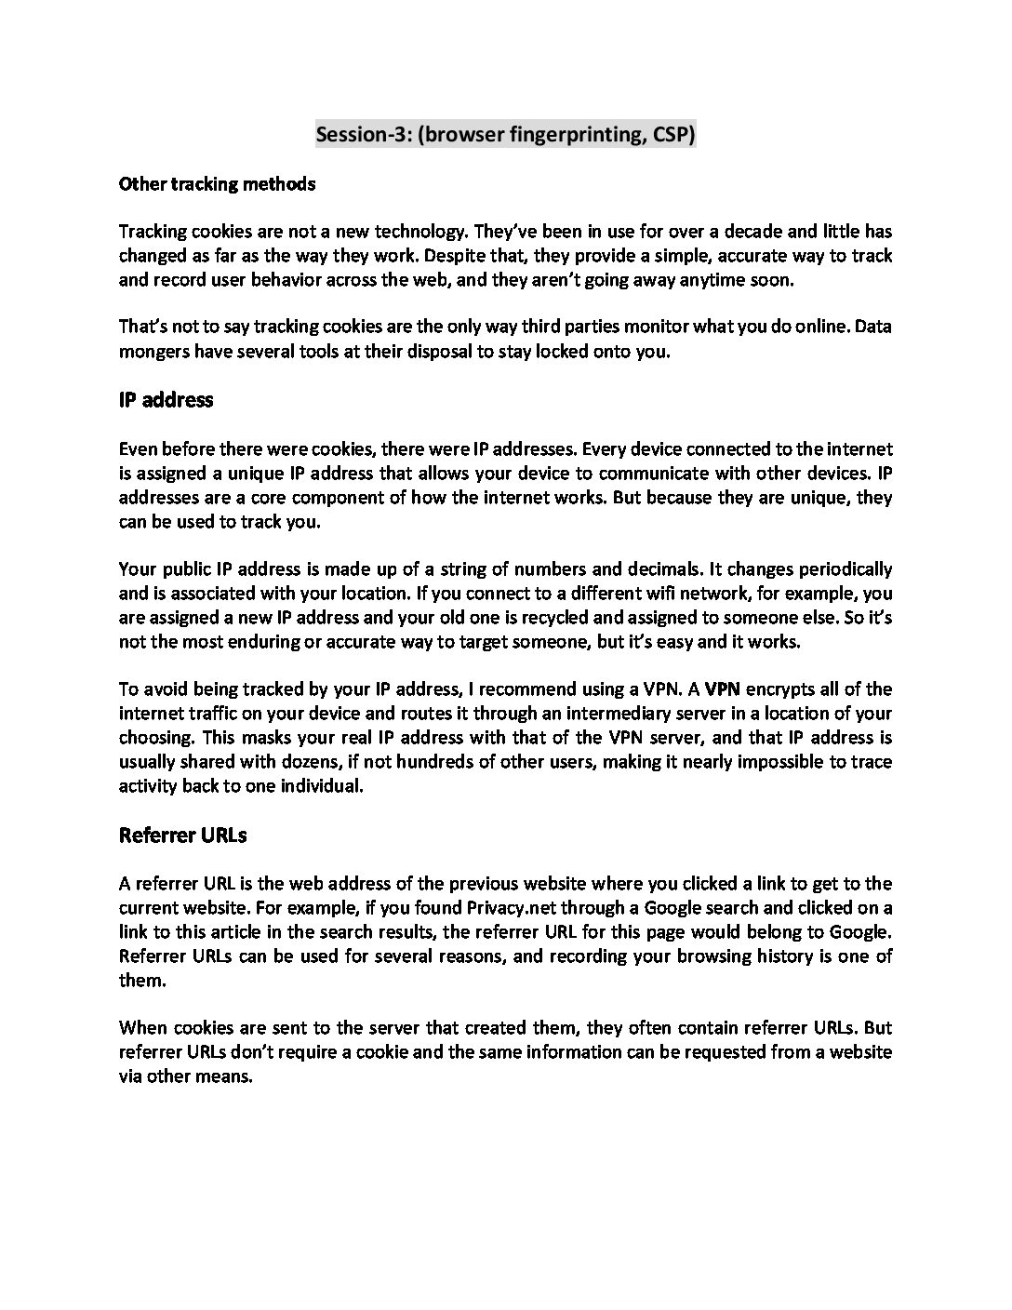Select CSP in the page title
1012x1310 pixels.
point(672,135)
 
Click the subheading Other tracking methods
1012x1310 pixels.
point(217,184)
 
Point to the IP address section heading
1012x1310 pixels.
point(166,400)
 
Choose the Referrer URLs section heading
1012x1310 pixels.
point(182,835)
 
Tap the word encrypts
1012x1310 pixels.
point(780,689)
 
